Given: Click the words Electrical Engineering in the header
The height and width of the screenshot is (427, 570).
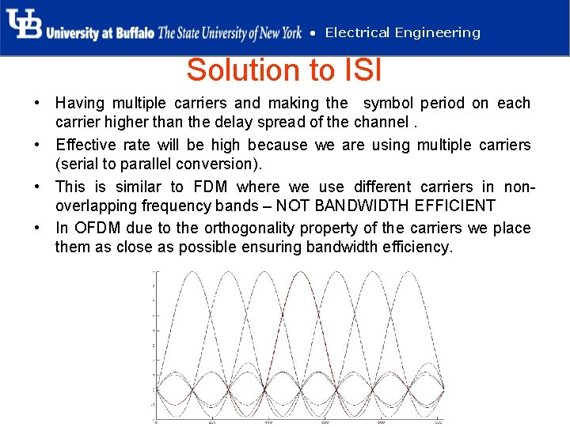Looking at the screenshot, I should tap(402, 32).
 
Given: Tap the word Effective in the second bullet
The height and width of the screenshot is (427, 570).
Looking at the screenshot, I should tap(85, 145).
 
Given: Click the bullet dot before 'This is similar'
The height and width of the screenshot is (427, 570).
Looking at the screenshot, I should tap(38, 187).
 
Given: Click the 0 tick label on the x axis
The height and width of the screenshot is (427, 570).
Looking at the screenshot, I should tap(157, 422).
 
